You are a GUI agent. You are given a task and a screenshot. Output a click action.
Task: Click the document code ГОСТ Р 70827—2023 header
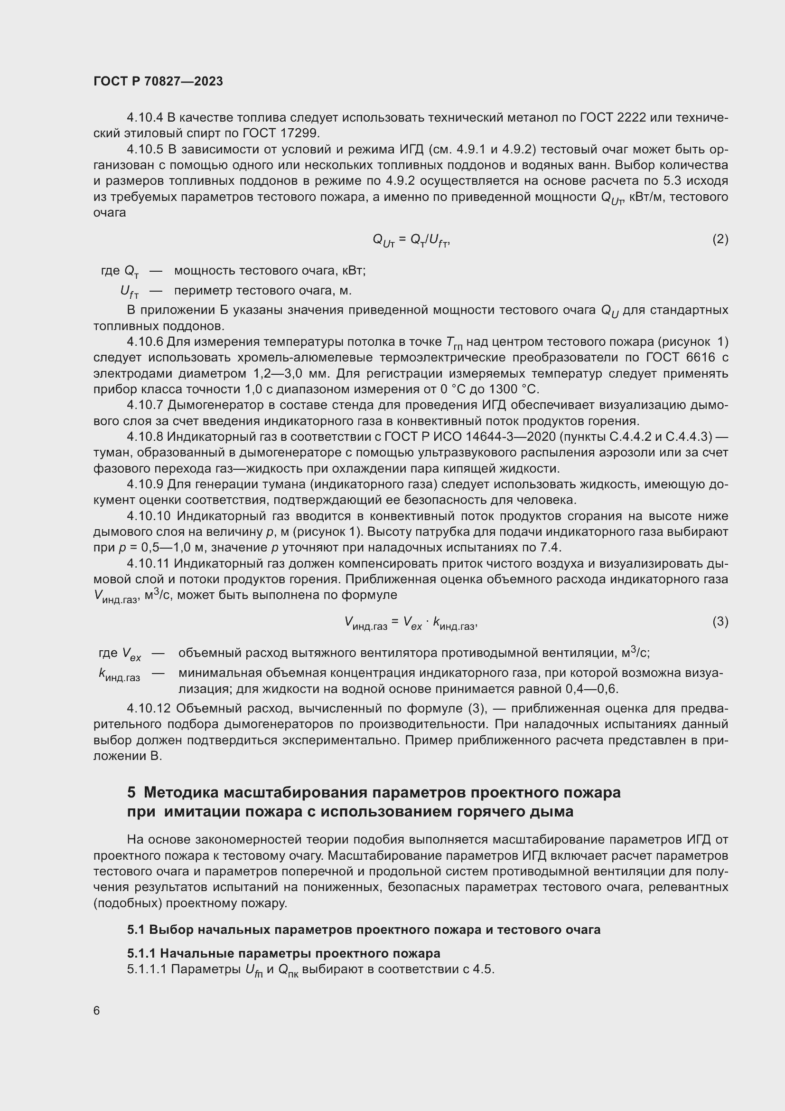pyautogui.click(x=158, y=81)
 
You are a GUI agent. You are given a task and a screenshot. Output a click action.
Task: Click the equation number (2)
pyautogui.click(x=720, y=239)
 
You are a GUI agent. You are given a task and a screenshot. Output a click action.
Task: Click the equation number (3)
pyautogui.click(x=720, y=621)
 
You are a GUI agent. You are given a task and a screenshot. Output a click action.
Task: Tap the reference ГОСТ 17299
pyautogui.click(x=281, y=133)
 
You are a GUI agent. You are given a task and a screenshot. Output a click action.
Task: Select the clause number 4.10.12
pyautogui.click(x=149, y=708)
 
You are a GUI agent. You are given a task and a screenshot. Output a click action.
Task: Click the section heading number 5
pyautogui.click(x=131, y=793)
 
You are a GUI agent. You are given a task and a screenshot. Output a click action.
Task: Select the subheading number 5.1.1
pyautogui.click(x=141, y=953)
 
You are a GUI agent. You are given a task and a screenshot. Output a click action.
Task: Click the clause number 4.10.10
pyautogui.click(x=149, y=516)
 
